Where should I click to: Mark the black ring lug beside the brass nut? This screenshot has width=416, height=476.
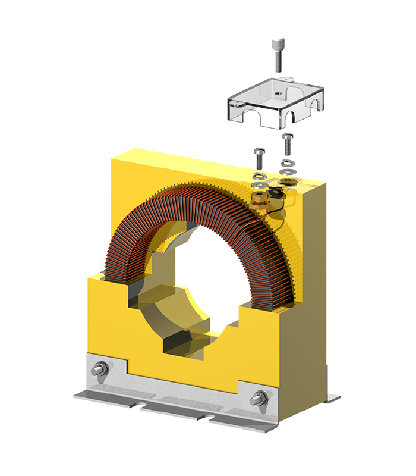tap(275, 192)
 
